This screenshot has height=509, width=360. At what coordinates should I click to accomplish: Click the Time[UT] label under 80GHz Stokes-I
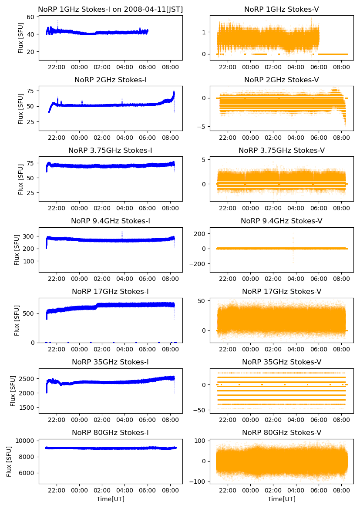tap(110, 499)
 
